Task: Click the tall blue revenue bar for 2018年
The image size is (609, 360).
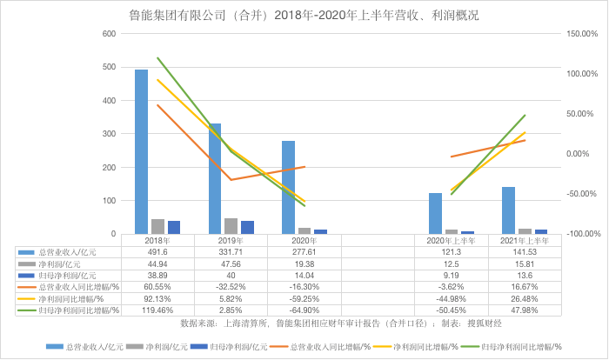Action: point(141,151)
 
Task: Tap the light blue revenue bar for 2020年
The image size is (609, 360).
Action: point(288,187)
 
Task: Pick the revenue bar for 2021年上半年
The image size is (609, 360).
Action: point(508,210)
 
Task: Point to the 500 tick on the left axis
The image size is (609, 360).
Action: point(110,67)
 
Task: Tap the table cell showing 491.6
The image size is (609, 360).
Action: point(157,251)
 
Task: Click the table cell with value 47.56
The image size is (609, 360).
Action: point(231,263)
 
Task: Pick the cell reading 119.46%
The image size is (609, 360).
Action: point(157,309)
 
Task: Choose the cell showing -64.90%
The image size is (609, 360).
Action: point(305,309)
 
